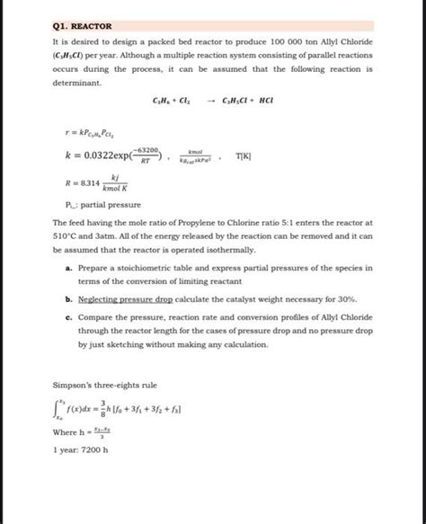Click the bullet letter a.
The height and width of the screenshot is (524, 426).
click(x=69, y=268)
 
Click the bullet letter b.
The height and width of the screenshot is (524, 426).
click(x=69, y=298)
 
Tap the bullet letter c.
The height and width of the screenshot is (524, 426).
click(x=69, y=317)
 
